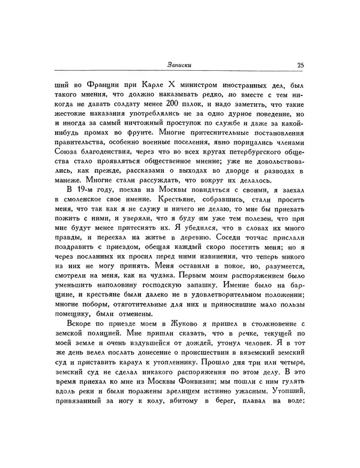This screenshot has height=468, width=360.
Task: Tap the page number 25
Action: click(301, 67)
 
